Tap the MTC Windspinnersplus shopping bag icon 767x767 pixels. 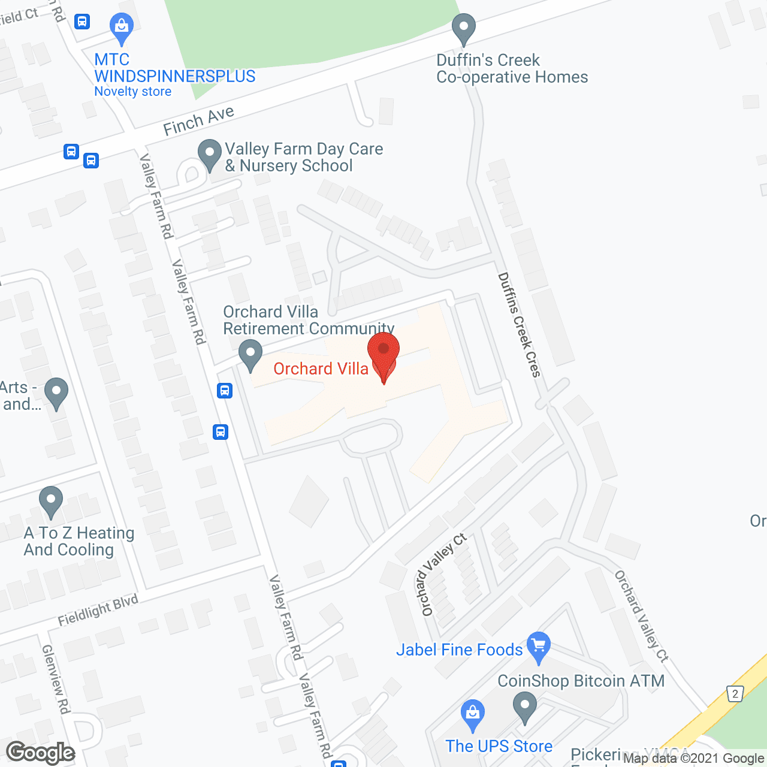pos(122,28)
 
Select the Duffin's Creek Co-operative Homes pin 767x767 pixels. pos(463,28)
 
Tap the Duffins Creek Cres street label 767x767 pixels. pos(519,325)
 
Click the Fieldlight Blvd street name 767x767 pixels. pos(98,610)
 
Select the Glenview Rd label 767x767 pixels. pos(56,679)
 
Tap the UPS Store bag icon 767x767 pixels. pos(473,714)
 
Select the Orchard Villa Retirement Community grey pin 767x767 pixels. pos(250,354)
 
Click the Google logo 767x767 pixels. pos(41,753)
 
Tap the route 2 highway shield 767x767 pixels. pos(735,694)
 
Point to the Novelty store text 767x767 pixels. pos(133,92)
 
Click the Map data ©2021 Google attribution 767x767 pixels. pos(694,759)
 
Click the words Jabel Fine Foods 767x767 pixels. pos(460,650)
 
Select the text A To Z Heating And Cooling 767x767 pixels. pos(78,541)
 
